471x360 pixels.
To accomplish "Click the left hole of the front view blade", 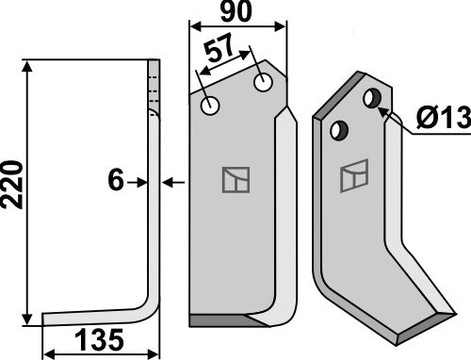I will point(209,106).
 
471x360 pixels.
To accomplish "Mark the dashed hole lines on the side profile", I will point(152,84).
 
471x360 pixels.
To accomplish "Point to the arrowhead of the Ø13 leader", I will point(383,109).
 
